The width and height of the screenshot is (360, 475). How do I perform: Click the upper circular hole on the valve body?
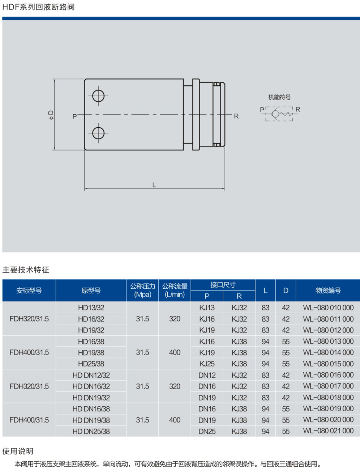coord(98,96)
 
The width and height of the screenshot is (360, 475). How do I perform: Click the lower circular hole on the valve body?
coord(98,133)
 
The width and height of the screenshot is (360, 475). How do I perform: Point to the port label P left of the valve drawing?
coord(74,116)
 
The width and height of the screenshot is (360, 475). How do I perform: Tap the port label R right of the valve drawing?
coord(236,116)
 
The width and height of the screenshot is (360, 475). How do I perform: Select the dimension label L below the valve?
coord(154,185)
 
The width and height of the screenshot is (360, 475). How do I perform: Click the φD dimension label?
coord(51,115)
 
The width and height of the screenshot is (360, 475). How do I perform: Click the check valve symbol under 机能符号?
coord(279,114)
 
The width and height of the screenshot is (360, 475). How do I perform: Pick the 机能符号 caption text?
coord(279,97)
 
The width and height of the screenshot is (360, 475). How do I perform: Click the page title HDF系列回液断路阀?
coord(38,7)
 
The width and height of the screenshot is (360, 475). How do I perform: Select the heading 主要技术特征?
coord(26,270)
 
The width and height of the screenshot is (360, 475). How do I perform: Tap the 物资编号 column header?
coord(328,290)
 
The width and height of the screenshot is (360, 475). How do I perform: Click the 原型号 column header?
coord(91,290)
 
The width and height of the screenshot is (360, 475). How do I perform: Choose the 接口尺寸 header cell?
coord(223,285)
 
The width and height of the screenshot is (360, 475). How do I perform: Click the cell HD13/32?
coord(91,308)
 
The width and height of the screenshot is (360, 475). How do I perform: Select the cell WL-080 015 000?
coord(328,364)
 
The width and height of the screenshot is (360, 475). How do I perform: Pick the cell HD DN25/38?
coord(91,431)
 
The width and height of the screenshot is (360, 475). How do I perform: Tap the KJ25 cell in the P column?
coord(207,364)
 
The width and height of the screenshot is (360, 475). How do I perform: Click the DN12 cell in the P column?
coord(207,375)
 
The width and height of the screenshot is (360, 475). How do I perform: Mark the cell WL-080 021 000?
coord(328,431)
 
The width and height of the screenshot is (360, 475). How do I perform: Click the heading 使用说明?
coord(18,451)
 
